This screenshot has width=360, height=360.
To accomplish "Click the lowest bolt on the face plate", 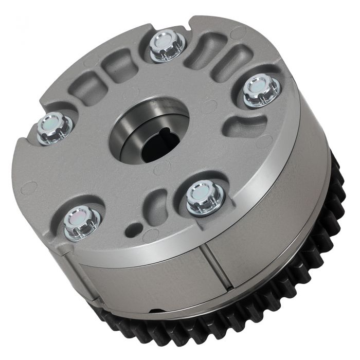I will (x=82, y=222).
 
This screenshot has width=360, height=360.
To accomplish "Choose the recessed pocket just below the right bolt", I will (x=246, y=123).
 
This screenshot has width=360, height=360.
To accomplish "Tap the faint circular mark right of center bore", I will (x=208, y=107).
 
